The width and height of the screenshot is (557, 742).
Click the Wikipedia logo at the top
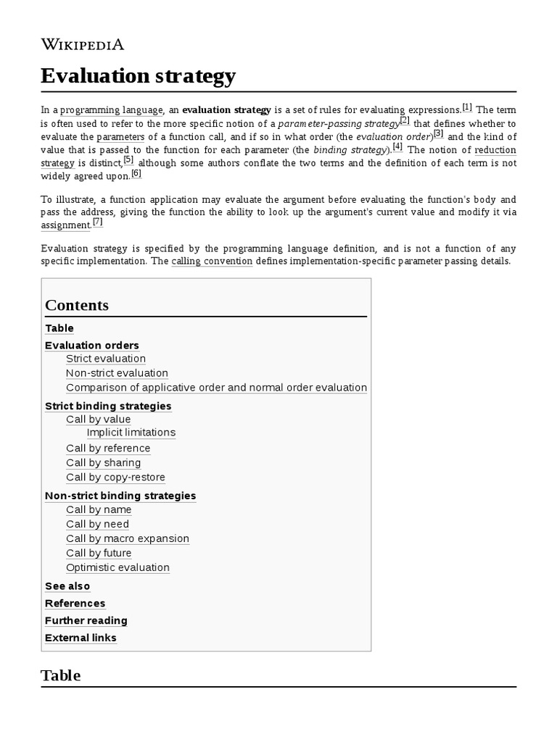[82, 44]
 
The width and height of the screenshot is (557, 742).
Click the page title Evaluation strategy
[138, 75]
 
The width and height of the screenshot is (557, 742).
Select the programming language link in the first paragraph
[111, 110]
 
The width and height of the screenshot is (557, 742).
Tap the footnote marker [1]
[467, 107]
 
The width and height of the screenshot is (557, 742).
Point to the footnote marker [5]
[128, 160]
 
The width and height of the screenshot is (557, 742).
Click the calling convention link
[212, 261]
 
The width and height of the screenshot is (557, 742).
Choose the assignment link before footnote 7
[65, 225]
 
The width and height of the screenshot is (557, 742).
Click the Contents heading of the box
[77, 305]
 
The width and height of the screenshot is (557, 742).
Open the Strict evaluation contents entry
[106, 359]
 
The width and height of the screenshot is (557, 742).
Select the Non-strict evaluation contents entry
[117, 373]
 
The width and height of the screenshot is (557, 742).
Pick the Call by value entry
[99, 420]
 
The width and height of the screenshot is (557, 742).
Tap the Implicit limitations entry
[131, 433]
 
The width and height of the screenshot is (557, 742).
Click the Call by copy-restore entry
[115, 478]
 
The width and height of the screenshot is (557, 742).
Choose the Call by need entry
[97, 524]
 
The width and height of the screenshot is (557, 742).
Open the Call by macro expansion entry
[128, 538]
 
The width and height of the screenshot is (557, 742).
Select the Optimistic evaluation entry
[117, 567]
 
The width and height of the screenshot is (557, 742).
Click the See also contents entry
[67, 586]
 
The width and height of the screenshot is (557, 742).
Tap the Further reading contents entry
[86, 620]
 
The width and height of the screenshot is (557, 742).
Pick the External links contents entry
[81, 638]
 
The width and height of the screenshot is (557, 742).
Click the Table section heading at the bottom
[61, 675]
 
